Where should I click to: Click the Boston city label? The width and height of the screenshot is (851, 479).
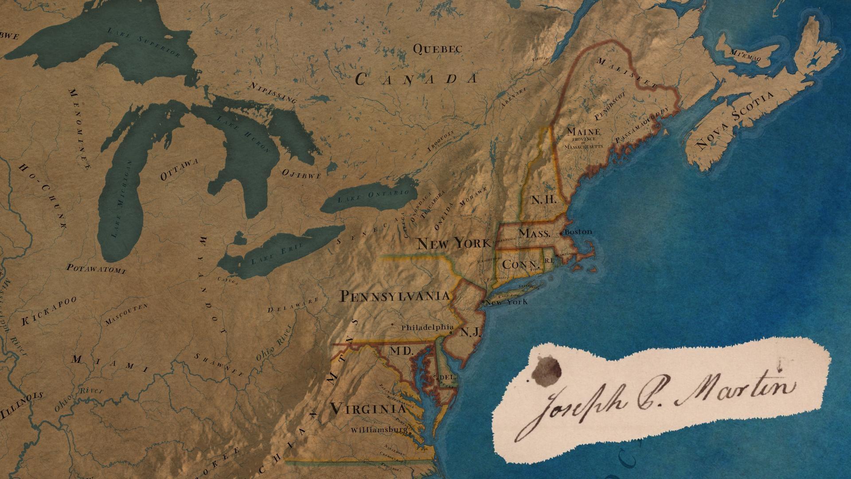point(579,232)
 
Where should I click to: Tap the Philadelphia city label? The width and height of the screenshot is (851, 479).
point(427,328)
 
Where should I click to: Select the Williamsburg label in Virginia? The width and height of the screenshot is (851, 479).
point(379,430)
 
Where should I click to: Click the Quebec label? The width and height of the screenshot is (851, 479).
point(437,49)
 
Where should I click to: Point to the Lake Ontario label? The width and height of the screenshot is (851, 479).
point(373,196)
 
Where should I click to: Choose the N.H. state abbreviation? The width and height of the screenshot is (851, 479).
point(543,200)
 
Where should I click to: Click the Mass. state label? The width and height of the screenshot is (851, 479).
point(534,233)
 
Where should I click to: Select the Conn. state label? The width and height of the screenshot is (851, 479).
point(517,265)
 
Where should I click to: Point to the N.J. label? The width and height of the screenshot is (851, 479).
point(470,332)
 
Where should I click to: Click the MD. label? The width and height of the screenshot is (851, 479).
point(401,351)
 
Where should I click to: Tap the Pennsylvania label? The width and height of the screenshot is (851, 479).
point(394,296)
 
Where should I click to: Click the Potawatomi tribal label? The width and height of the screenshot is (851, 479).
point(96,268)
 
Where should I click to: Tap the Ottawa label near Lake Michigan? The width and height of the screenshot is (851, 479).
point(179,170)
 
